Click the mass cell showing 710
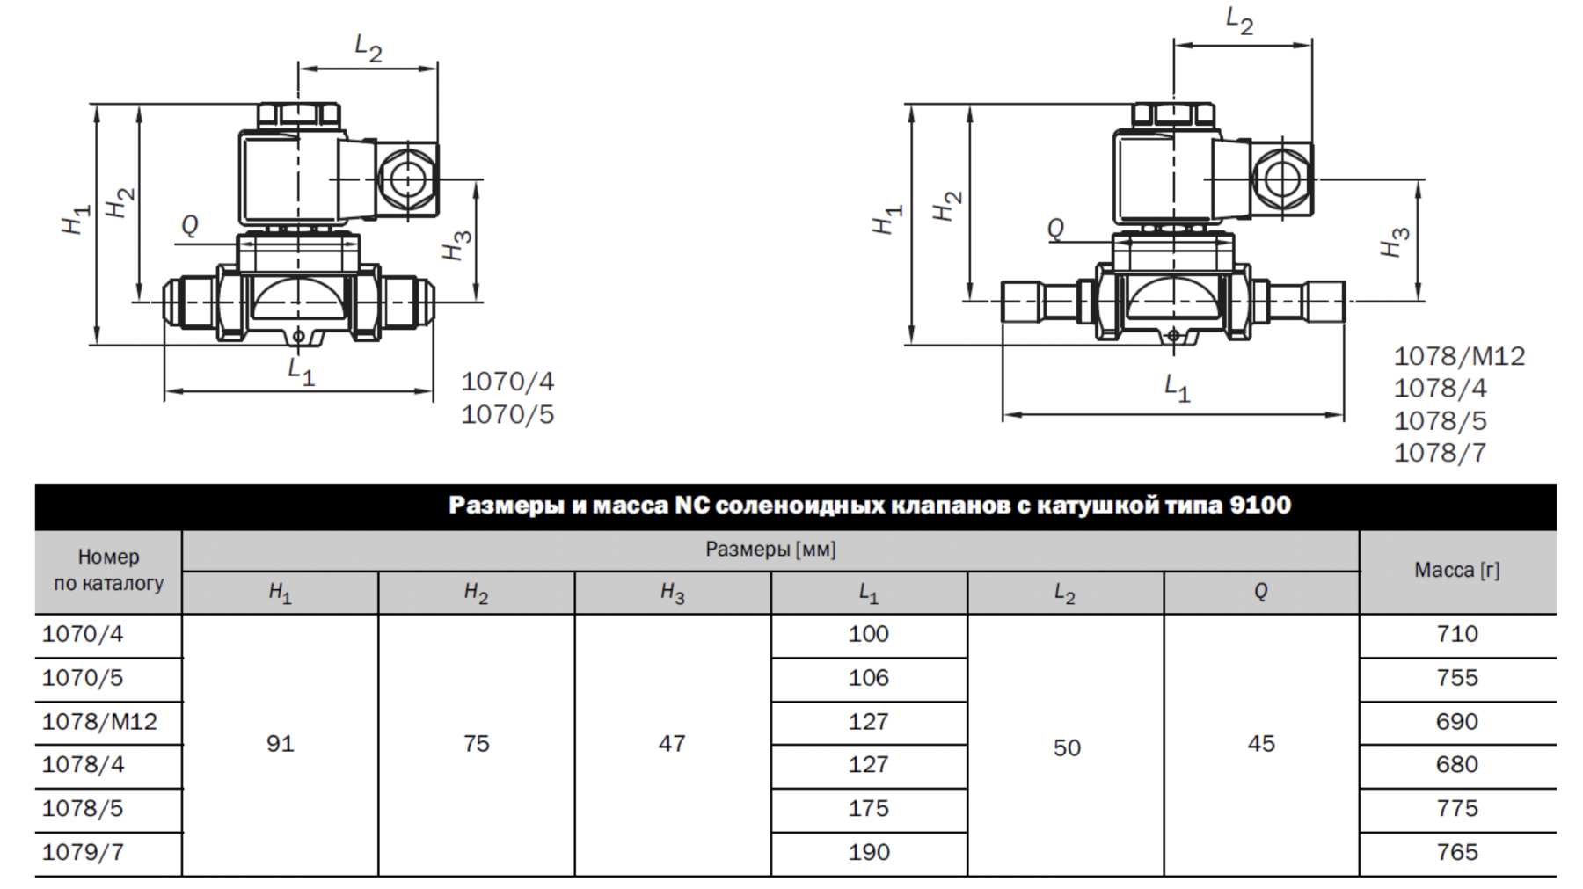[x=1456, y=634]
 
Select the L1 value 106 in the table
[x=868, y=678]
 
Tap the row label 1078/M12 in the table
[x=99, y=722]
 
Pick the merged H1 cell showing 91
[x=280, y=744]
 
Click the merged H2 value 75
[x=476, y=744]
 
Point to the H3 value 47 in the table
[x=672, y=744]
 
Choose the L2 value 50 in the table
[x=1067, y=748]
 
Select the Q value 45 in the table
[x=1261, y=744]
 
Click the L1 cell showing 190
[x=868, y=852]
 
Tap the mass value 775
[x=1456, y=808]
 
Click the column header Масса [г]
[x=1456, y=570]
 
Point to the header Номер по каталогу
[x=108, y=570]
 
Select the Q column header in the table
[x=1260, y=592]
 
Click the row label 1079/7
[x=83, y=852]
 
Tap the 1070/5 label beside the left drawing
[x=507, y=414]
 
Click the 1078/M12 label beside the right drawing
[x=1459, y=356]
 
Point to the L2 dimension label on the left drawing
[x=368, y=47]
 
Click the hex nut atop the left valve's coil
[x=298, y=114]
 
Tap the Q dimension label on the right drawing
[x=1055, y=229]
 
